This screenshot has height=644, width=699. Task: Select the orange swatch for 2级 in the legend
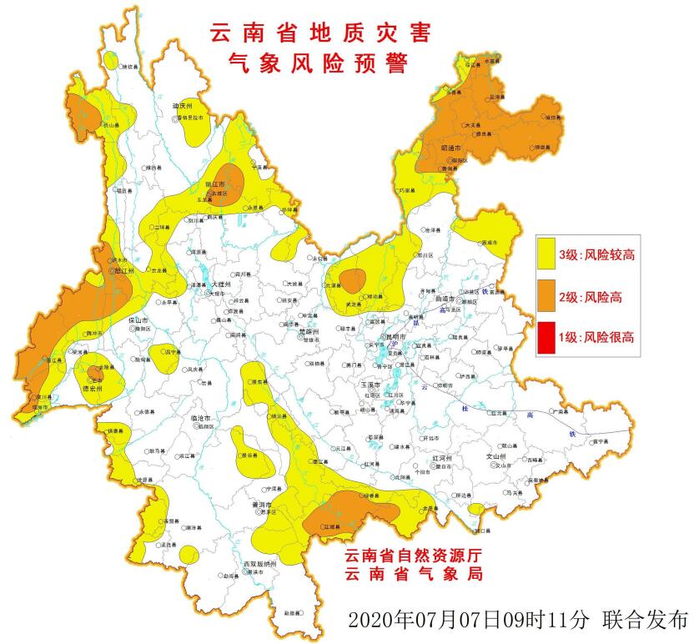[x=546, y=296]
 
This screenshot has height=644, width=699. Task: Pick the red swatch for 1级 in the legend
[x=546, y=338]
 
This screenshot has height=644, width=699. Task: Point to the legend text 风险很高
[x=610, y=338]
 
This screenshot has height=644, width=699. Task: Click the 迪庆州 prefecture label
[x=183, y=107]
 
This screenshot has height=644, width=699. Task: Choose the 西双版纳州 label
[x=259, y=564]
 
